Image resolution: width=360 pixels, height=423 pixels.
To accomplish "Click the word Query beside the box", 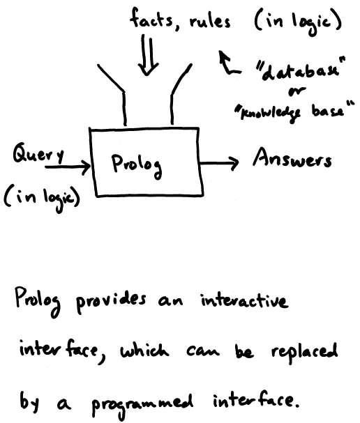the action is click(38, 153).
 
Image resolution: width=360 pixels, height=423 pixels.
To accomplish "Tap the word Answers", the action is click(292, 158).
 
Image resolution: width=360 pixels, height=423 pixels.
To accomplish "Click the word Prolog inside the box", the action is click(137, 165).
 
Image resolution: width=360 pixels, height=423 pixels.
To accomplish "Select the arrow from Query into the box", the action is click(68, 167).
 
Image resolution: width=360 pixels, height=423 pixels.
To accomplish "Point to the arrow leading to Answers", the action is click(219, 163).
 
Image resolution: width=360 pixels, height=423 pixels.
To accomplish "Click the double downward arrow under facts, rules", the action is click(148, 55).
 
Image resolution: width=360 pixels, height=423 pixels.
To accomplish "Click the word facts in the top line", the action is click(151, 18).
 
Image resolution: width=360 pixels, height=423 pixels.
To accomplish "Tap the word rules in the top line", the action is click(210, 21).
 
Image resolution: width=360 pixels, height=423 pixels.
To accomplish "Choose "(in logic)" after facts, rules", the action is click(299, 22).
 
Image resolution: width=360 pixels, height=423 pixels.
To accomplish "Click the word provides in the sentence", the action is click(111, 302).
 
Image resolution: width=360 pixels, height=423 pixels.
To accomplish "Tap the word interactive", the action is click(244, 300).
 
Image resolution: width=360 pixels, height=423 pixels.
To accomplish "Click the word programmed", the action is click(142, 405).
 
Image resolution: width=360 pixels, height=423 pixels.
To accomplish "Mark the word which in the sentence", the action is click(144, 350).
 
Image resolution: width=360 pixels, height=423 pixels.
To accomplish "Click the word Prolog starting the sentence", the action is click(38, 301).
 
